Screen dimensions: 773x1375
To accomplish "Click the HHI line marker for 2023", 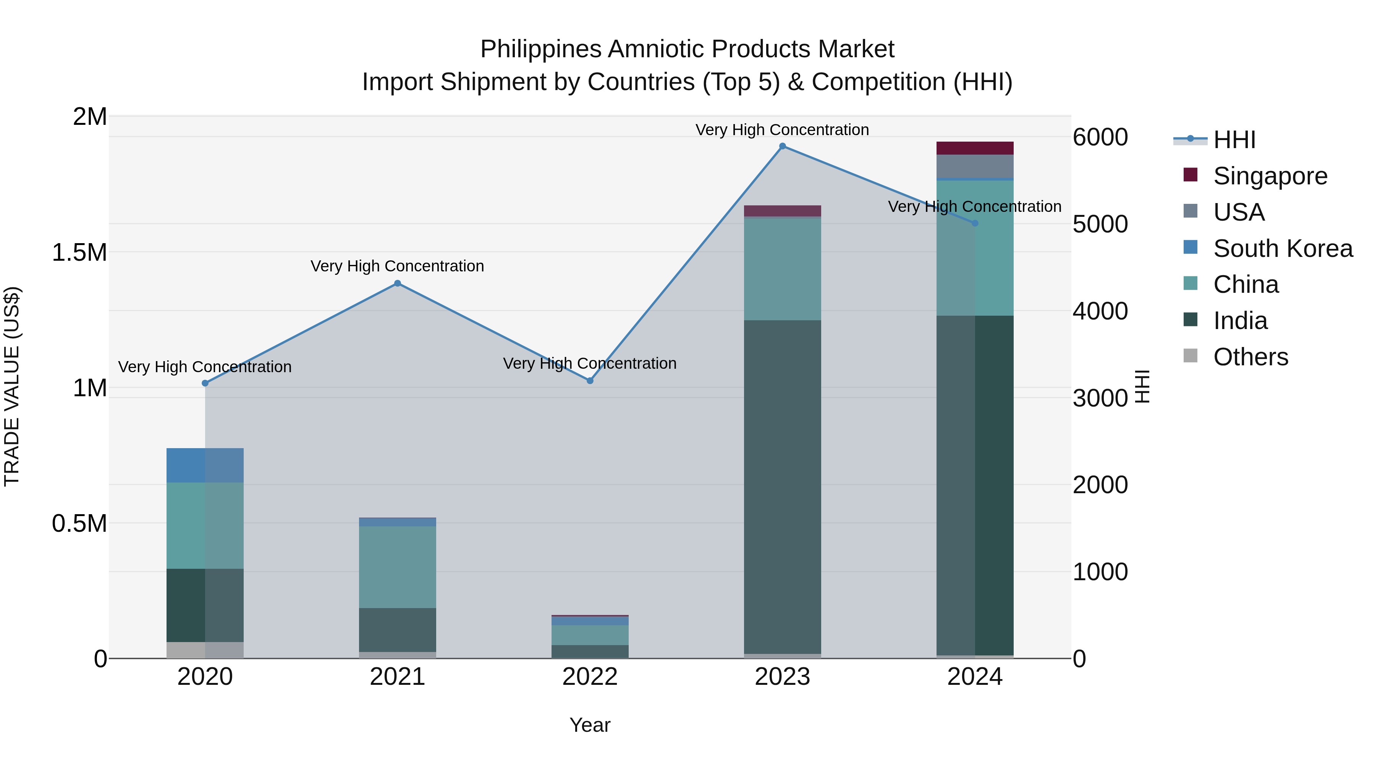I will click(x=782, y=146).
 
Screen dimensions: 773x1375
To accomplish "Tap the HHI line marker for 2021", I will click(x=397, y=283).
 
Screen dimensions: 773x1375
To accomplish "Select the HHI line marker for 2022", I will click(x=590, y=381).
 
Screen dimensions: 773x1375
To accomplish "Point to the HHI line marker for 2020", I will click(x=205, y=383).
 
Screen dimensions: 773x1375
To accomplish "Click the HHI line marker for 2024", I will click(x=975, y=223).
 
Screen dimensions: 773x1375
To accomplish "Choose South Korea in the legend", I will click(x=1282, y=249).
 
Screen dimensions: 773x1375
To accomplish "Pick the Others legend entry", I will click(x=1250, y=357).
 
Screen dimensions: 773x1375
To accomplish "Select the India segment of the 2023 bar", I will click(x=782, y=486).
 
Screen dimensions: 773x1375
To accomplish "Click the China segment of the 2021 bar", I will click(x=397, y=566).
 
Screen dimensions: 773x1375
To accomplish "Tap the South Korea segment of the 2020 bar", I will click(x=205, y=465).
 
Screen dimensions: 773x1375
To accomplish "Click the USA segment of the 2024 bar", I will click(x=975, y=166).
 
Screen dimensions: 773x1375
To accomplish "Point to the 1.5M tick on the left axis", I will click(x=79, y=252).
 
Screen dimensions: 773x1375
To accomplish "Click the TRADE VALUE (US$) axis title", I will click(x=12, y=386).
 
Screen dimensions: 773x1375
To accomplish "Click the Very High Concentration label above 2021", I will click(x=397, y=266).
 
